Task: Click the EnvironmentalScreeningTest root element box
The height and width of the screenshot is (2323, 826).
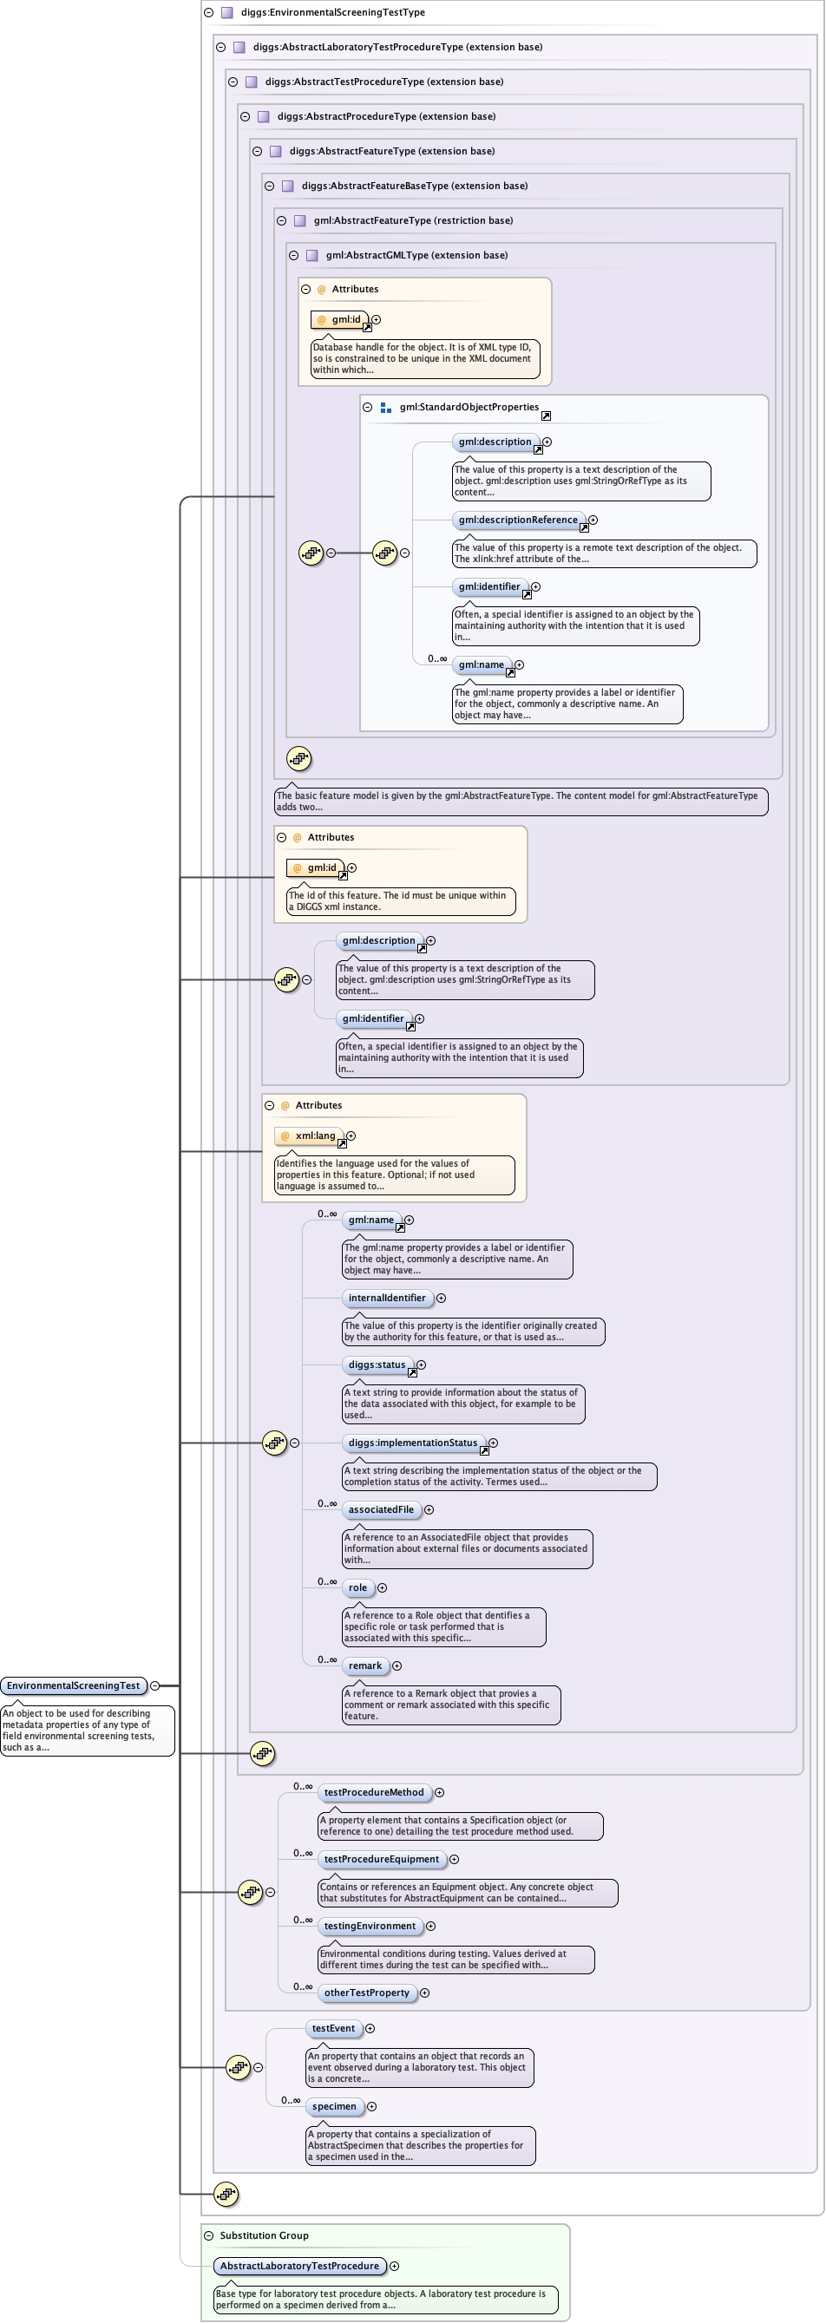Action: (x=73, y=1685)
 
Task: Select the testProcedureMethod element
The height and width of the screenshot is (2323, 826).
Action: (x=373, y=1792)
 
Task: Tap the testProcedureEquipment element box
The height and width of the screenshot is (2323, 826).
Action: (x=382, y=1859)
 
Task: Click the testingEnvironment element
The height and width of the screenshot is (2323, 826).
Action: (x=370, y=1926)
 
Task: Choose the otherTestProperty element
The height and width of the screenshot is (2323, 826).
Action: (x=366, y=1992)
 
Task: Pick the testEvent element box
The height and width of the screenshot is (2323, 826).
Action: (x=333, y=2028)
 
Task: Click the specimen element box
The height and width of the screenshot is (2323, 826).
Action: (x=334, y=2106)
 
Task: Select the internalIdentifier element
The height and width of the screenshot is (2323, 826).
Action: (x=387, y=1298)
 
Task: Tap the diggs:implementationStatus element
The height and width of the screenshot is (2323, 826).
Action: (x=413, y=1443)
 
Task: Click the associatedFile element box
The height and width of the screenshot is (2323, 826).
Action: (x=381, y=1509)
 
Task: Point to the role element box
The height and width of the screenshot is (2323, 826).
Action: (x=358, y=1587)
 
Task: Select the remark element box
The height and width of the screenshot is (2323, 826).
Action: (x=365, y=1665)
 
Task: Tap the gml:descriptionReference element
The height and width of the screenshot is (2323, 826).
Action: (x=518, y=520)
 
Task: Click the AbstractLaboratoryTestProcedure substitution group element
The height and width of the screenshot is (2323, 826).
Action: (x=299, y=2265)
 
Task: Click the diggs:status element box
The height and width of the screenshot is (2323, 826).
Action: (x=377, y=1364)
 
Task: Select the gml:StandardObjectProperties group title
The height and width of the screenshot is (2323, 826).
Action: (x=469, y=408)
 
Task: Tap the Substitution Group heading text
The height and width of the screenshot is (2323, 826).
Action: (x=263, y=2235)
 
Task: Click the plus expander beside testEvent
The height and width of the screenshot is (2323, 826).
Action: (x=370, y=2028)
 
